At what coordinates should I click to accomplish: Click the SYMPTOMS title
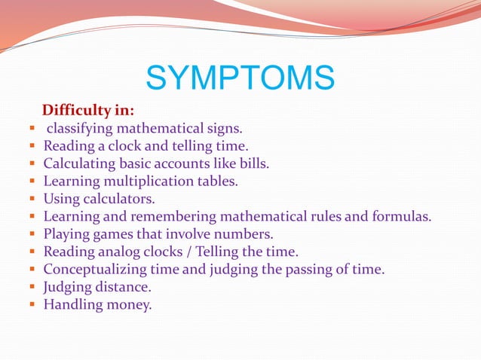(240, 78)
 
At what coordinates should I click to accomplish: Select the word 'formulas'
(403, 217)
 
